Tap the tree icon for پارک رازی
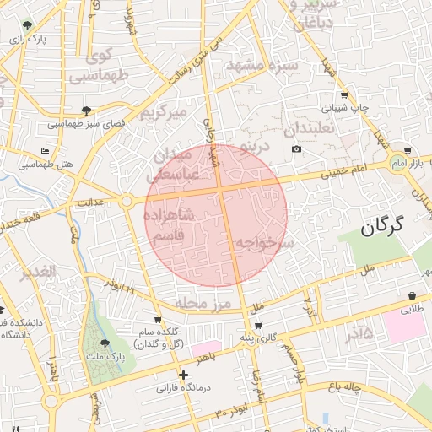28,25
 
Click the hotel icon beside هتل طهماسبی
45,151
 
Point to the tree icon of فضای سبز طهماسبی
87,110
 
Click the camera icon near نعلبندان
296,149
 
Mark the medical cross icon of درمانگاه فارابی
183,375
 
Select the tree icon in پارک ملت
105,343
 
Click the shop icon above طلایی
411,296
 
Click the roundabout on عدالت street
127,201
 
